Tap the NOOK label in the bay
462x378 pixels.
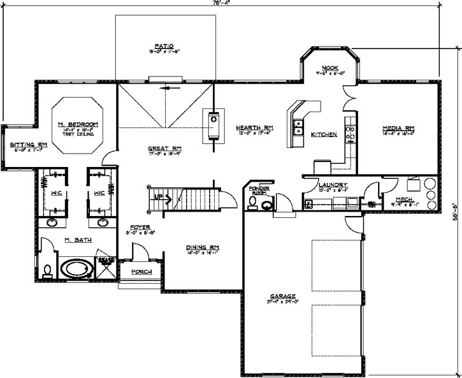pos(329,67)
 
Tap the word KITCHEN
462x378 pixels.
pos(324,134)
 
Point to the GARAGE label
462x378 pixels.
pos(282,296)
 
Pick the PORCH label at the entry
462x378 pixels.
pos(141,272)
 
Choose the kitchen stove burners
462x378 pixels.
pos(349,133)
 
